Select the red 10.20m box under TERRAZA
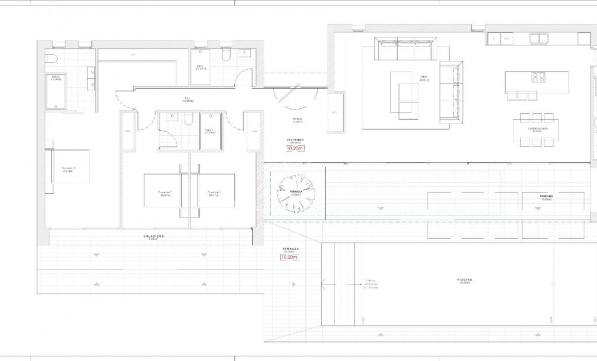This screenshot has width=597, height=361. [x=289, y=257]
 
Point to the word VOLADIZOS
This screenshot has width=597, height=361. [x=153, y=236]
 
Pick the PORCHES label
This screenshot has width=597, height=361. [x=546, y=195]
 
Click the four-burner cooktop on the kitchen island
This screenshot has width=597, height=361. [x=539, y=77]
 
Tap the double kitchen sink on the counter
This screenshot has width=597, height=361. [x=540, y=39]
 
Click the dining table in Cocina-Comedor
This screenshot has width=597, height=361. [x=536, y=129]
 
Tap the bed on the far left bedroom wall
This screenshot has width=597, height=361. [x=70, y=170]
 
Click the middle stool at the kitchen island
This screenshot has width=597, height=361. [x=523, y=95]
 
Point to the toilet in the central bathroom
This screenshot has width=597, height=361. [x=188, y=120]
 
